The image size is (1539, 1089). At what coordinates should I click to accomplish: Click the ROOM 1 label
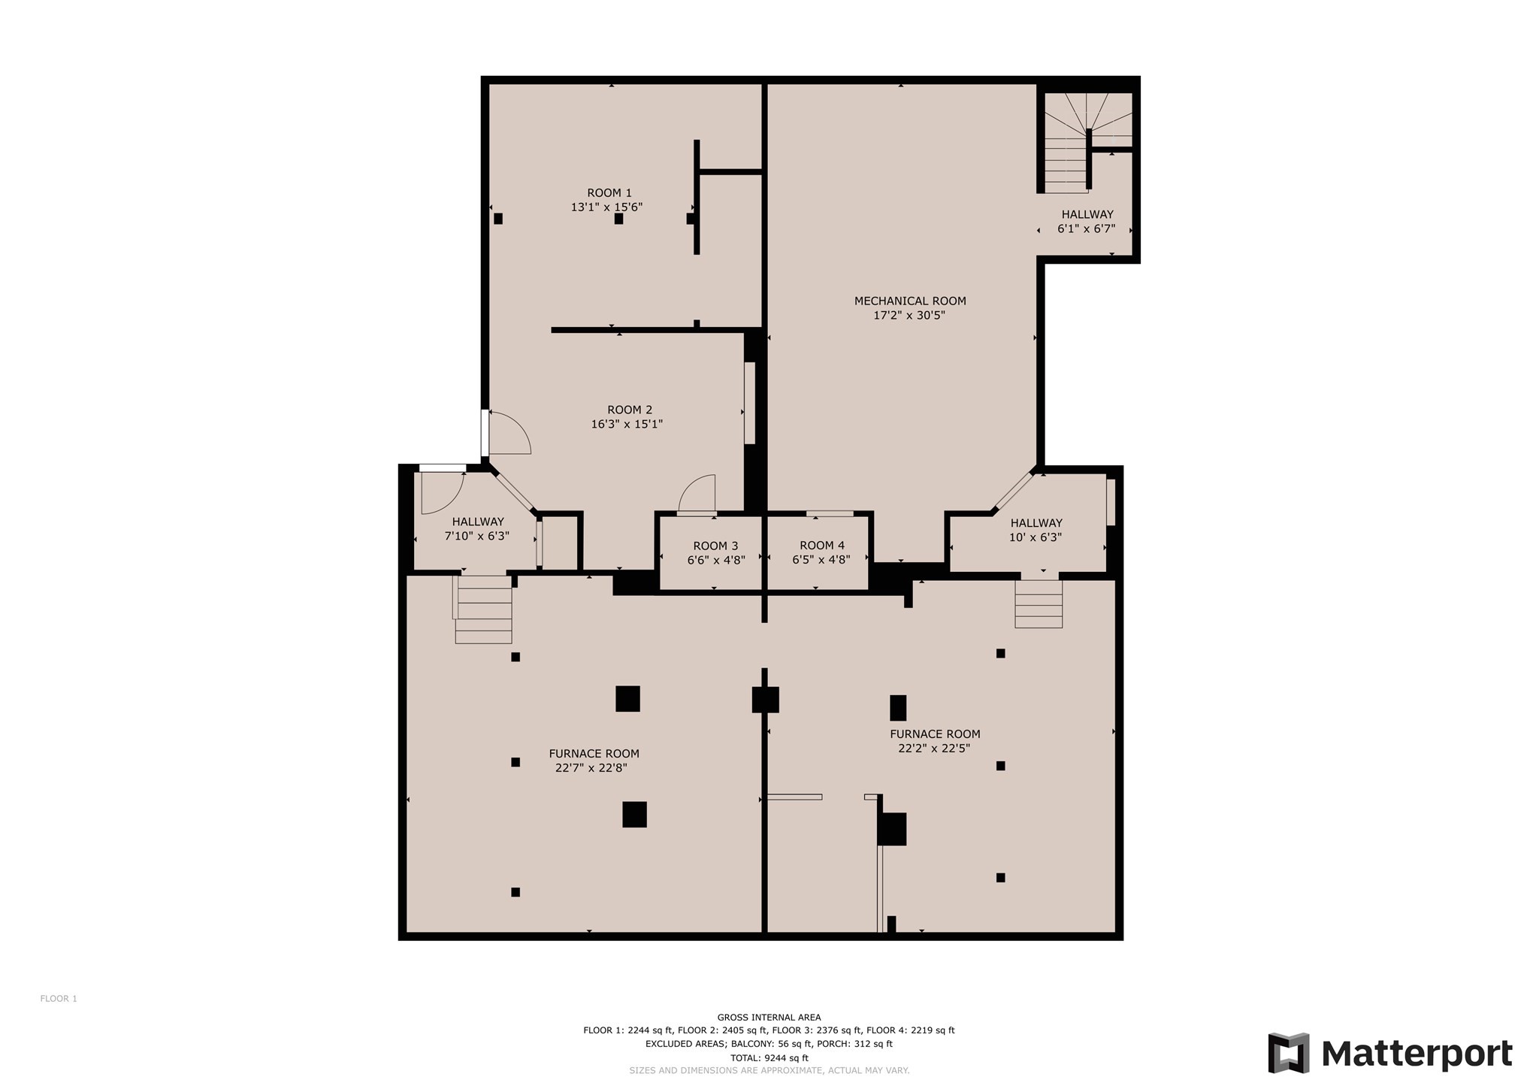point(609,193)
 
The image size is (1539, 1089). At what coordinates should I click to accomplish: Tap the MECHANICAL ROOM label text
point(910,301)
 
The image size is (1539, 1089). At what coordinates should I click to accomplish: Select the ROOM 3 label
point(715,546)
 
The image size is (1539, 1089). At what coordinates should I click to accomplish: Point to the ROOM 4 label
point(822,546)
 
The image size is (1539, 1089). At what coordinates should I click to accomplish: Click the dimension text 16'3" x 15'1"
point(627,424)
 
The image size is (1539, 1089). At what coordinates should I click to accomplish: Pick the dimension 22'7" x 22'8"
point(591,768)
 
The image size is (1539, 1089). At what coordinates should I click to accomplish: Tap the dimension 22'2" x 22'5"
point(934,749)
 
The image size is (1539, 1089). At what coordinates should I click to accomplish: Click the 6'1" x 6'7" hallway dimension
point(1086,229)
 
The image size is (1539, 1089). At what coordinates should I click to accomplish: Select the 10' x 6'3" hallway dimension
point(1036,537)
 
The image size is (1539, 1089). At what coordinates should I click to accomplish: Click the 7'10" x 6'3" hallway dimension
point(477,537)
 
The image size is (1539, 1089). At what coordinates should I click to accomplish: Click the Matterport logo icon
point(1289,1053)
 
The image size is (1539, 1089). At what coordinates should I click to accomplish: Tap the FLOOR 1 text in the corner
point(59,999)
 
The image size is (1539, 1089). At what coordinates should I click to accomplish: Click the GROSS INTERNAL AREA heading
point(769,1018)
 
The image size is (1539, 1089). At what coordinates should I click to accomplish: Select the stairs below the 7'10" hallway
point(483,610)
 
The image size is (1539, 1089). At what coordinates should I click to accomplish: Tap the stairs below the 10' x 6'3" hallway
point(1039,603)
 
